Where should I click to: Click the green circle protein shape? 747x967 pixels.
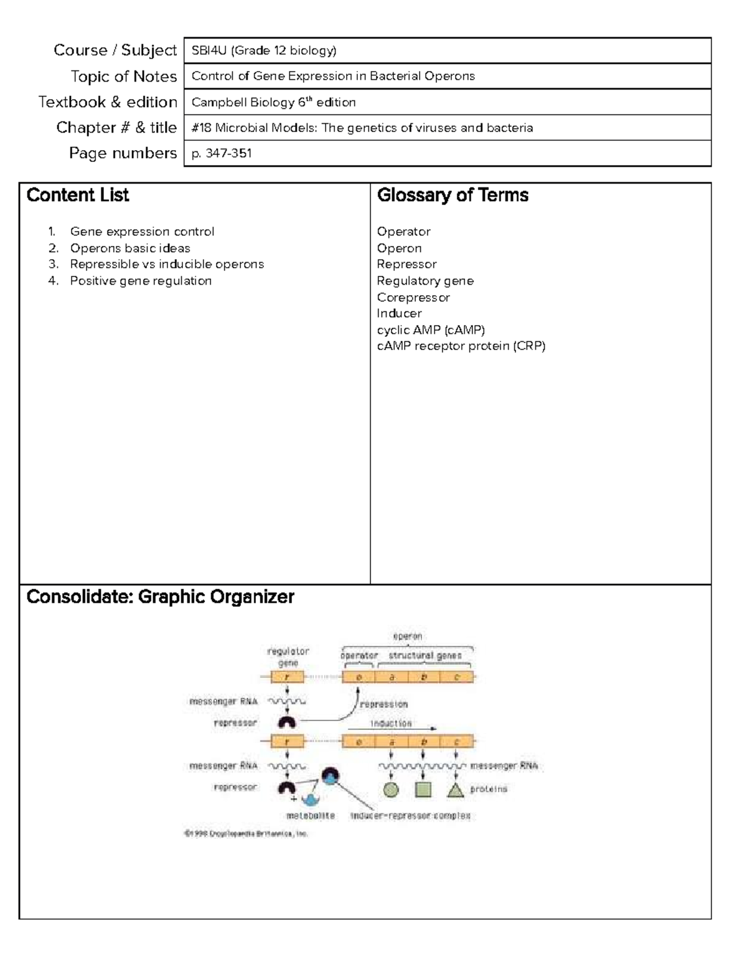(x=390, y=790)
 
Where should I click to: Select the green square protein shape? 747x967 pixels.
(x=423, y=790)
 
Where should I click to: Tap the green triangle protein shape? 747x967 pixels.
(x=456, y=790)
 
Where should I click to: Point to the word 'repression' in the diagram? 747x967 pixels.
(x=383, y=704)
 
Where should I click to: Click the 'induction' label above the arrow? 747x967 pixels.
(x=391, y=724)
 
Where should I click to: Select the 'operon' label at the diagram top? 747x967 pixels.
(x=407, y=636)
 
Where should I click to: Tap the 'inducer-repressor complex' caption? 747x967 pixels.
(x=410, y=816)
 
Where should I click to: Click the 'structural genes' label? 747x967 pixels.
(x=425, y=656)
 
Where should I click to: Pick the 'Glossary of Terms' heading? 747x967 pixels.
(x=453, y=196)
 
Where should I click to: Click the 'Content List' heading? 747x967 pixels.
(x=78, y=196)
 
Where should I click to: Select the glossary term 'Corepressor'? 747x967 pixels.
(x=413, y=298)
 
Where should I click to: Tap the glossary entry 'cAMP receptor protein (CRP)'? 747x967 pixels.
(x=461, y=346)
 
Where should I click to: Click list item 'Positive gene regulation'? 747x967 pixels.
(x=141, y=281)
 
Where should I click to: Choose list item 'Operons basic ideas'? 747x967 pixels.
(x=129, y=248)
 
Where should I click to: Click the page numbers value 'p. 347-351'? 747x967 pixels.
(x=222, y=153)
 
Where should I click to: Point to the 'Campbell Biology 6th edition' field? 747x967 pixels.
(x=274, y=102)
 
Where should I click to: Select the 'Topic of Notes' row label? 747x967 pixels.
(x=124, y=77)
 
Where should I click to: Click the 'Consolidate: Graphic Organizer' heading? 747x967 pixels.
(x=160, y=597)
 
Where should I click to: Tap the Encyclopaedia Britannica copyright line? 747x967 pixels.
(x=246, y=834)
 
